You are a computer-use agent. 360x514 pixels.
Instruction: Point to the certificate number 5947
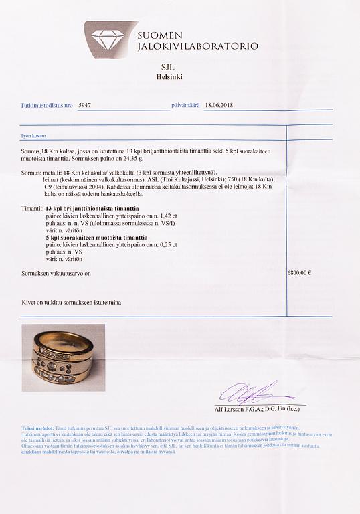(x=86, y=105)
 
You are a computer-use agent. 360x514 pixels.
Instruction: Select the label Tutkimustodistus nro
(x=46, y=106)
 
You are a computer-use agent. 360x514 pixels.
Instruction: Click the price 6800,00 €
(x=299, y=273)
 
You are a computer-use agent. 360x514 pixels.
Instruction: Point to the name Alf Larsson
(x=236, y=407)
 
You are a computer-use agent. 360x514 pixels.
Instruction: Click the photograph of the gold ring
(x=60, y=357)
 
